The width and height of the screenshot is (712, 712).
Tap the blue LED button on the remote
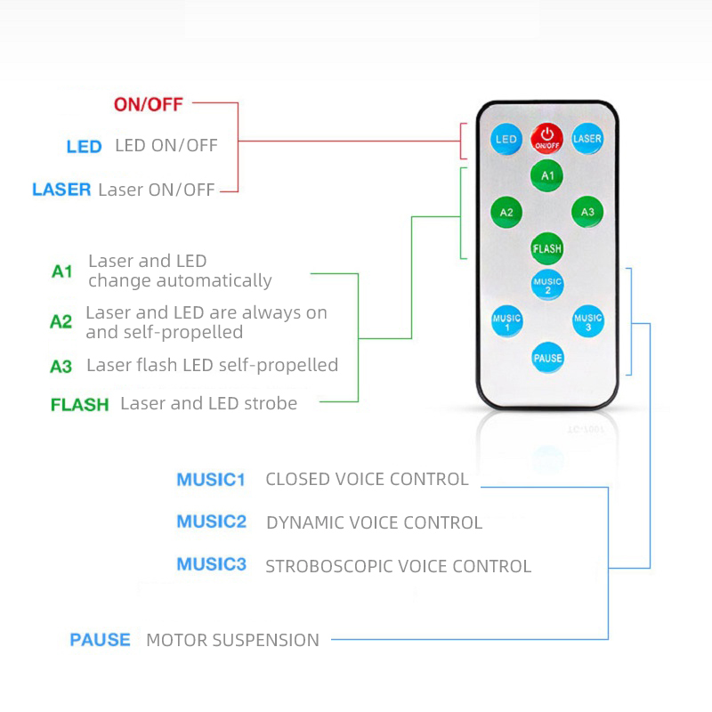(x=506, y=139)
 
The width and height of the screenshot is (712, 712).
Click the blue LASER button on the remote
(x=587, y=139)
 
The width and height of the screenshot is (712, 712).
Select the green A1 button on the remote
(x=547, y=175)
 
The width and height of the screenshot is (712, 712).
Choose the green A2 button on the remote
(x=506, y=212)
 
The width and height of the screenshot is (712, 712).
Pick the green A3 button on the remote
(x=587, y=212)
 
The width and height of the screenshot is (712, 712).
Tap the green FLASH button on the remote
(x=547, y=248)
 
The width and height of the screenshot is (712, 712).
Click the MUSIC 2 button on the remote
(x=547, y=285)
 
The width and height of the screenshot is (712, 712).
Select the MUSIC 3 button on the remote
(x=588, y=321)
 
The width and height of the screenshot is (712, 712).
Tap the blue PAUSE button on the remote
(x=547, y=358)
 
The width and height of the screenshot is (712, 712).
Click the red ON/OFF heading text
(x=149, y=104)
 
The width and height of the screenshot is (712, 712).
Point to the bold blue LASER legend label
(x=61, y=190)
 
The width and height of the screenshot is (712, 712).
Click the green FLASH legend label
(x=80, y=404)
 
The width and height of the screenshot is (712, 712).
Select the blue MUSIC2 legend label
(x=212, y=522)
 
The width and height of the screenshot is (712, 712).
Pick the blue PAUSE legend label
(x=100, y=640)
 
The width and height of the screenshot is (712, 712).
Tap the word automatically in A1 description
(x=214, y=281)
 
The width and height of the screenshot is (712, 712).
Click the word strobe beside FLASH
(x=271, y=403)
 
